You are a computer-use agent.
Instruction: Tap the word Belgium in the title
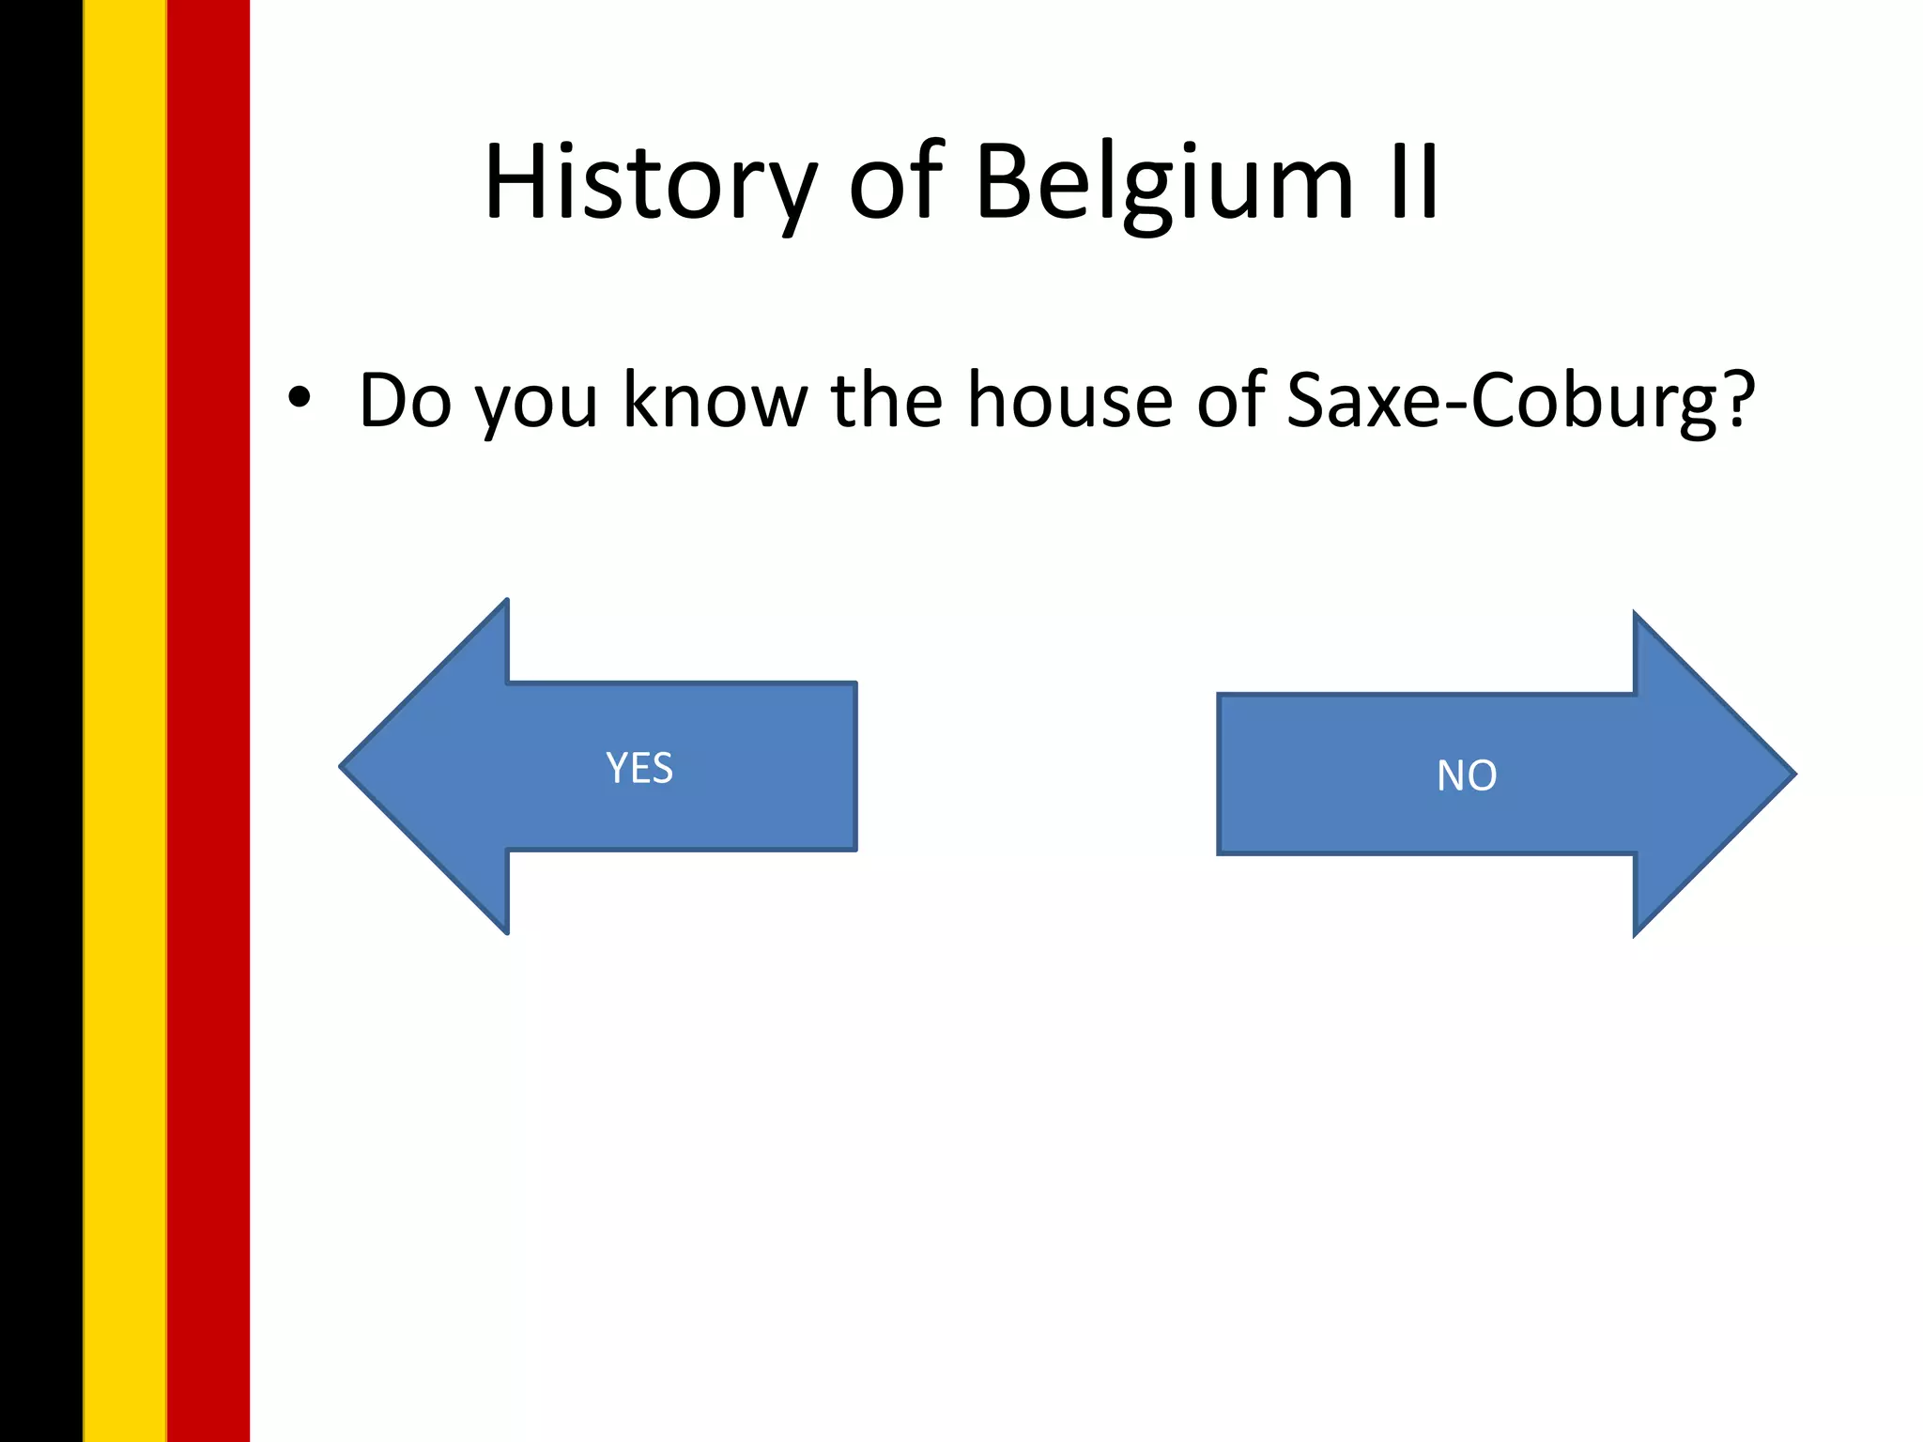[x=1164, y=183]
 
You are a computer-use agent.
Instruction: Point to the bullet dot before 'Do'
[x=299, y=399]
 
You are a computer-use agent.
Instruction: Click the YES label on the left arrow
[x=639, y=768]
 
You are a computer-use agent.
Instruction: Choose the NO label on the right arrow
[x=1467, y=775]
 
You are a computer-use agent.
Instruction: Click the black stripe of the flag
[x=41, y=721]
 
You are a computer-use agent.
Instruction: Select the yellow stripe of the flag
[x=125, y=721]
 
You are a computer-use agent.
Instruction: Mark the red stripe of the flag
[x=208, y=721]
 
